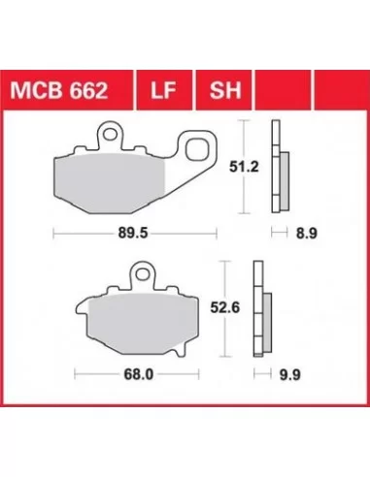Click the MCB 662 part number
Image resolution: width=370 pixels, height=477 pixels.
point(58,90)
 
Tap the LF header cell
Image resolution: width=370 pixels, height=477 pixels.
point(163,90)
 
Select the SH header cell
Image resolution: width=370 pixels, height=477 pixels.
point(225,90)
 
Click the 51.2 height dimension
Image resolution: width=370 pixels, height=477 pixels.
point(244,167)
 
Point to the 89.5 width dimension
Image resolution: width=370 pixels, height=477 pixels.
point(133,233)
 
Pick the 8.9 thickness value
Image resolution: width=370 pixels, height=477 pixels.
point(307,233)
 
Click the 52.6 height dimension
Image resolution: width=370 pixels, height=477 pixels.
point(225,307)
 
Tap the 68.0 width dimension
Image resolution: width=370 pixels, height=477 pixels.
point(139,374)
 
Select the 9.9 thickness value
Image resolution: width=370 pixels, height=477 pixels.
point(290,375)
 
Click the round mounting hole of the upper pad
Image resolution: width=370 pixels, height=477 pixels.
point(110,134)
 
